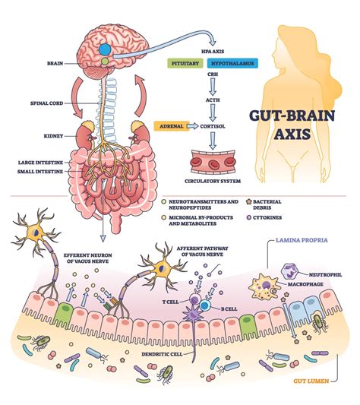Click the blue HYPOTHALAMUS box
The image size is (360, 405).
231,66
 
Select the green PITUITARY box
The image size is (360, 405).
186,66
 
